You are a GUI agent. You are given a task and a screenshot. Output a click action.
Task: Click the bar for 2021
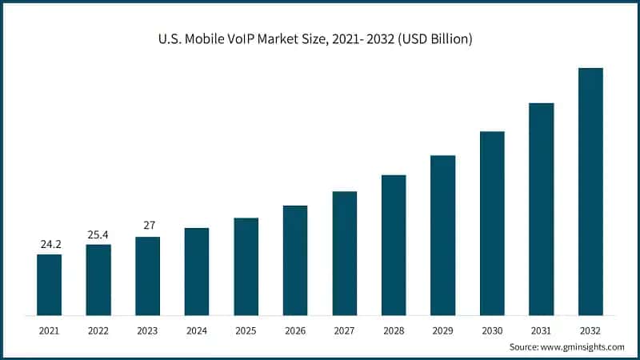click(x=49, y=284)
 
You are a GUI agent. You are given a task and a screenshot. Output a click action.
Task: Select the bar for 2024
click(x=197, y=271)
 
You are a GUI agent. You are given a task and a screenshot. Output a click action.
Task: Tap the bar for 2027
click(x=345, y=253)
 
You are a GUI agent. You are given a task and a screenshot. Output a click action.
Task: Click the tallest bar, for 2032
click(x=590, y=191)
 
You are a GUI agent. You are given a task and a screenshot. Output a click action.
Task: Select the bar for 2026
click(x=295, y=260)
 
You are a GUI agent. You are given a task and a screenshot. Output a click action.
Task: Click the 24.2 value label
click(x=50, y=244)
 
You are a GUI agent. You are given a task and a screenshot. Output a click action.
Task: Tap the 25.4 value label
click(x=98, y=234)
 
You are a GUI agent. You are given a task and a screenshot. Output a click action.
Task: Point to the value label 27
click(x=148, y=226)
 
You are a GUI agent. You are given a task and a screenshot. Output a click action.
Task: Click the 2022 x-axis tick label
click(x=98, y=330)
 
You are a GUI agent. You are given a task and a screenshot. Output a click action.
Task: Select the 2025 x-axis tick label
click(x=246, y=330)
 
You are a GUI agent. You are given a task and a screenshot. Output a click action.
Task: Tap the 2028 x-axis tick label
click(x=394, y=330)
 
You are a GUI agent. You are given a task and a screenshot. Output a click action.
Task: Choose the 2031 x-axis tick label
click(x=542, y=330)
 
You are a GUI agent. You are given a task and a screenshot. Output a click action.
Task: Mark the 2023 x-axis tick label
click(x=148, y=330)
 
